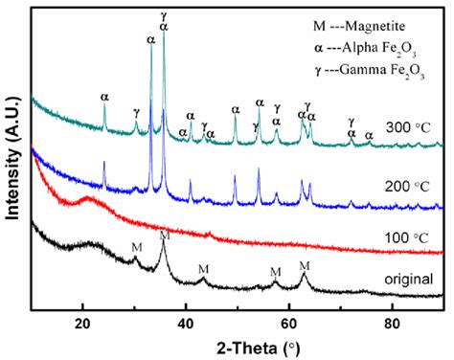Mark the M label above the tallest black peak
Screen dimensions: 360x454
164,235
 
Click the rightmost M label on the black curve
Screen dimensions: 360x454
305,265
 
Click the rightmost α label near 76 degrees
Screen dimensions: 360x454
369,135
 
